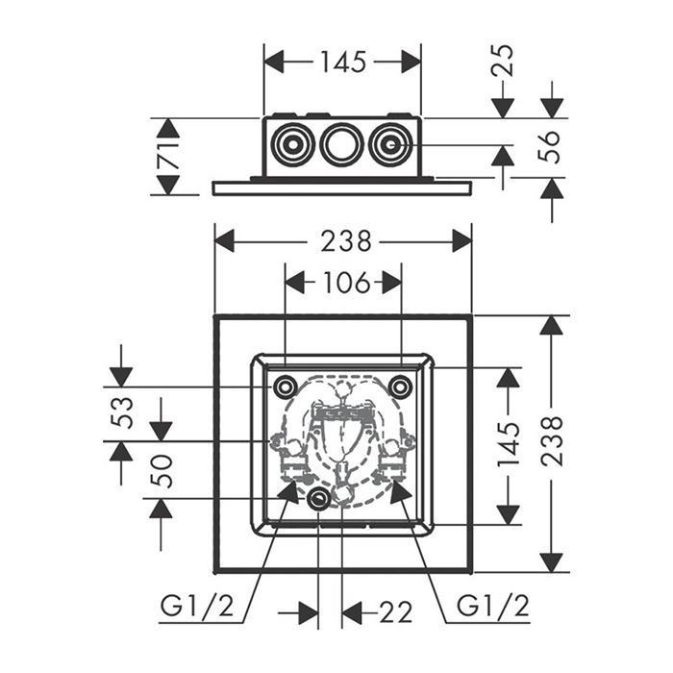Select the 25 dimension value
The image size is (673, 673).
click(503, 60)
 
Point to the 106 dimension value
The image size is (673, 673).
click(343, 283)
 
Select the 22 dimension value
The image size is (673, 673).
click(394, 612)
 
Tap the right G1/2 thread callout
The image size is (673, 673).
click(492, 607)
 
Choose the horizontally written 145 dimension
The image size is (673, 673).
click(342, 62)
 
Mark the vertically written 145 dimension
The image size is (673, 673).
click(509, 445)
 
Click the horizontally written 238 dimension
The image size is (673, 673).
click(343, 240)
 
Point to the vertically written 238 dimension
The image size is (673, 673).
click(552, 442)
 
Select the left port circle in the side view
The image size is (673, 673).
click(290, 146)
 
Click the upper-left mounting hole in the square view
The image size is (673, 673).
click(285, 386)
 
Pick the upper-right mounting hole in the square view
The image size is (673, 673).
click(400, 386)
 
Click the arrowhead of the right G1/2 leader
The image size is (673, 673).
click(397, 487)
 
